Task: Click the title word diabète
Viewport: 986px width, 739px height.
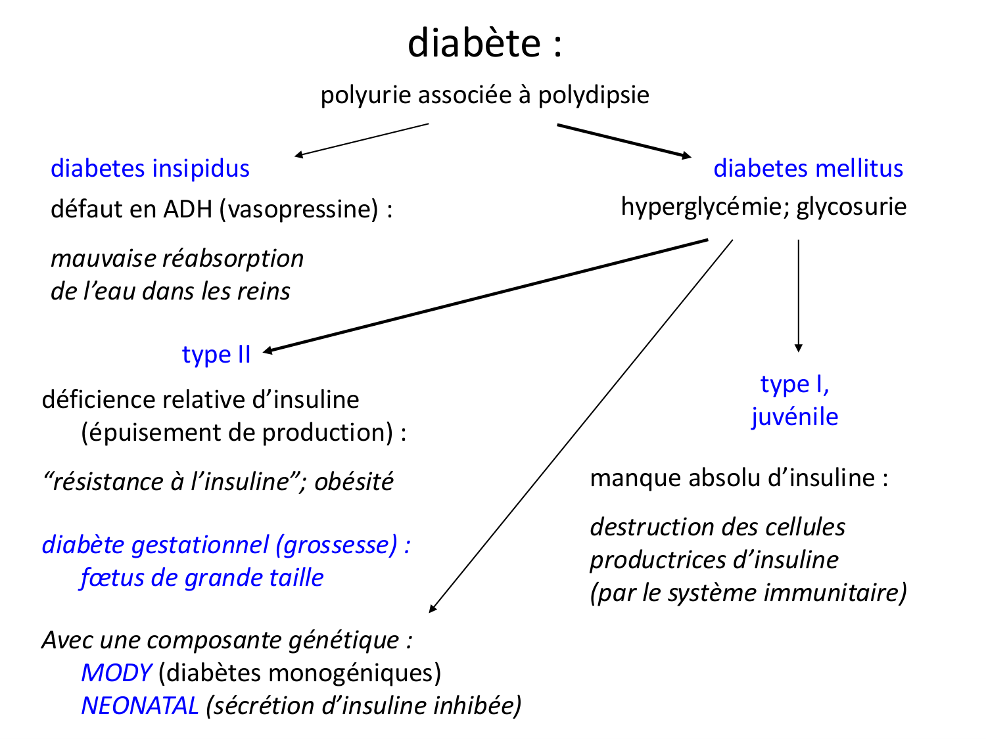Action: [474, 43]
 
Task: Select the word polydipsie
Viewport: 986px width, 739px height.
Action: [594, 95]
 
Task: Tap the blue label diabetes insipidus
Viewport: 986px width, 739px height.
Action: [150, 169]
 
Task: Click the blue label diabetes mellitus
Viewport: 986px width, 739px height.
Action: [808, 169]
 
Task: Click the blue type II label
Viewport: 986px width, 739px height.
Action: [216, 355]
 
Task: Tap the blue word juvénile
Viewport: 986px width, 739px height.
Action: [795, 417]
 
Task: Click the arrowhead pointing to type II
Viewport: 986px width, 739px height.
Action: [268, 351]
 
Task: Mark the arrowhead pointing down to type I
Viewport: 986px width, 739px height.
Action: [798, 348]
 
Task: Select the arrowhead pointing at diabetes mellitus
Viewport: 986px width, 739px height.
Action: [687, 156]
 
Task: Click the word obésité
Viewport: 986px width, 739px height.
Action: [354, 482]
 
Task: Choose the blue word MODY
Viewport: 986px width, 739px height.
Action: [116, 673]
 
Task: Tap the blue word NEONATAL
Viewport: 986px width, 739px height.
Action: [139, 706]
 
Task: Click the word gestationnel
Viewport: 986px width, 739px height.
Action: [213, 545]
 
